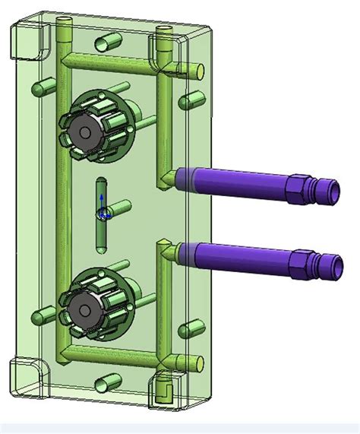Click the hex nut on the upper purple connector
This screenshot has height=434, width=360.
(302, 186)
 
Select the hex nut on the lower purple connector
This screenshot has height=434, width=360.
(303, 262)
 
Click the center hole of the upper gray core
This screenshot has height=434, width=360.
(84, 132)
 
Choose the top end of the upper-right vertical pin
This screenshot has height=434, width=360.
(164, 31)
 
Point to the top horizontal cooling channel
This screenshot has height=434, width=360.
(114, 59)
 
